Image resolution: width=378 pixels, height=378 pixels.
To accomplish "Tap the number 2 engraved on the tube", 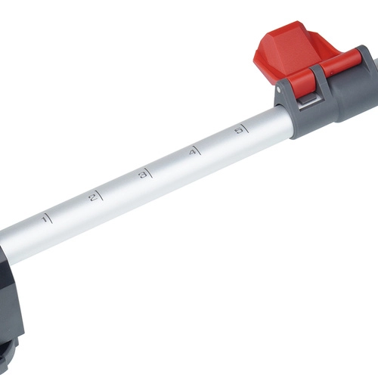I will click(93, 198).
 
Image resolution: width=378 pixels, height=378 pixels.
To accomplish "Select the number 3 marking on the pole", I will click(142, 175).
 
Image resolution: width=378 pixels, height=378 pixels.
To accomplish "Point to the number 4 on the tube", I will click(192, 153).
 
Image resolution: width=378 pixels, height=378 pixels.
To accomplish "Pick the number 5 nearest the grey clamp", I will click(240, 131).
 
